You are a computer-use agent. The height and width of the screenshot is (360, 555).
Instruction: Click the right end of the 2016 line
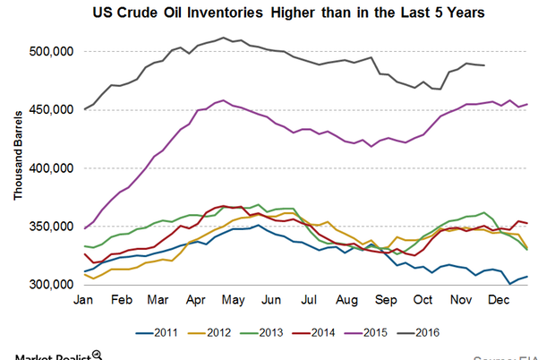coord(485,65)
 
